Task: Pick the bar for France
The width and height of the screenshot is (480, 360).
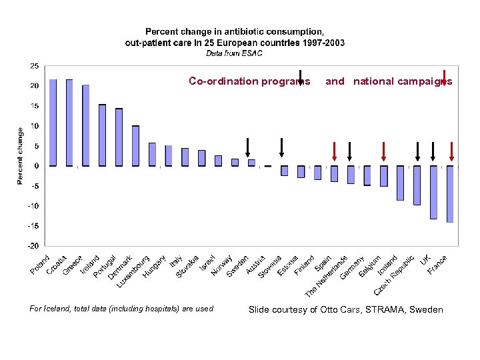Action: tap(450, 194)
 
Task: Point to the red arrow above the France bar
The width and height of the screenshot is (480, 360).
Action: tap(451, 152)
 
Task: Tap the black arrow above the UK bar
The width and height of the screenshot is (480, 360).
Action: tap(433, 152)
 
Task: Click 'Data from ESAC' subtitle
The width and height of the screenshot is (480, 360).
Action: tap(235, 53)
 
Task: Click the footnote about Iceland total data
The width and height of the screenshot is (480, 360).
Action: tap(122, 309)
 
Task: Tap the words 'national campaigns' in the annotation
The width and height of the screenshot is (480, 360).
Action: tap(402, 81)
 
